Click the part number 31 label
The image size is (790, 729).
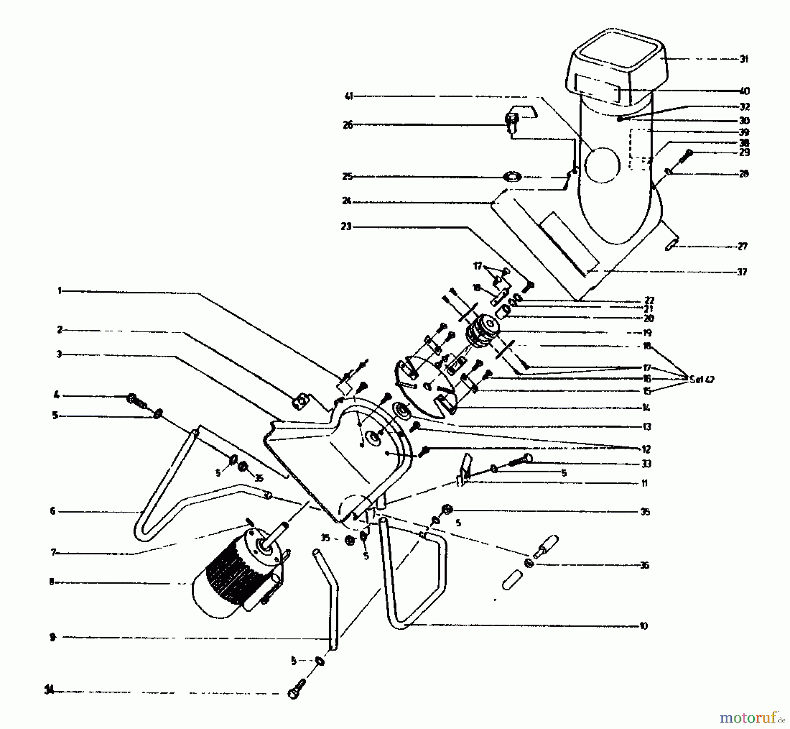[744, 59]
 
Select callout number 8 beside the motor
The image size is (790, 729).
[52, 582]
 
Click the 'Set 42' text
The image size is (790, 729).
[702, 379]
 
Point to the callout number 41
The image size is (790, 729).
[349, 96]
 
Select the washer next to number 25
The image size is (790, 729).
[512, 177]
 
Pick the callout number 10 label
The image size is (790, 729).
[643, 626]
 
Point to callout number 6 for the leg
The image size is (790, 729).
[53, 511]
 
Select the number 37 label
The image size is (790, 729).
[742, 272]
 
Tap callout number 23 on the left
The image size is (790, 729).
[346, 227]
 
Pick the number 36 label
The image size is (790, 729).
[644, 565]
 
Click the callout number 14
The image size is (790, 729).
[645, 408]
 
